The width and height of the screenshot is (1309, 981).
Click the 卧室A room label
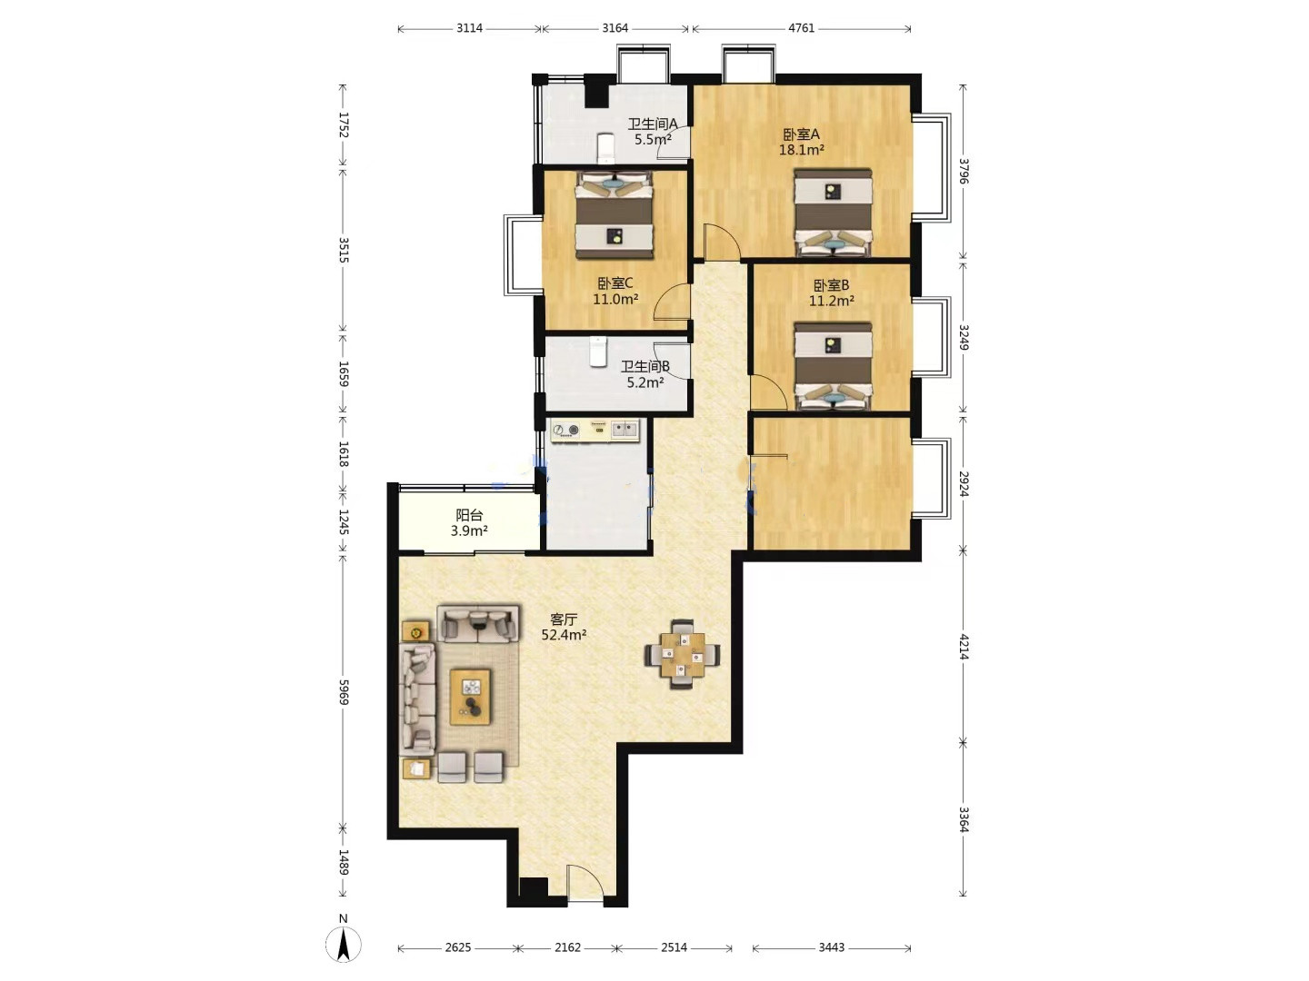click(x=801, y=134)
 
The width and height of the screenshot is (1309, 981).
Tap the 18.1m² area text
click(x=801, y=150)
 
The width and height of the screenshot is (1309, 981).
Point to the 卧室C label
click(x=615, y=282)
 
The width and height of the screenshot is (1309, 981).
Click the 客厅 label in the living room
click(x=564, y=619)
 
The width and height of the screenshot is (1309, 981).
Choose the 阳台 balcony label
click(x=469, y=515)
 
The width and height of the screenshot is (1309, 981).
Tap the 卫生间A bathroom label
click(x=653, y=124)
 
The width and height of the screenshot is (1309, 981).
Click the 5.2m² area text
click(x=645, y=382)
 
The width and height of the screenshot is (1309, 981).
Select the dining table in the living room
click(x=683, y=655)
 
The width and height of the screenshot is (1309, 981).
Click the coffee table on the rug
click(x=471, y=697)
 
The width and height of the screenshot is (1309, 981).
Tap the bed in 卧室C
click(x=615, y=215)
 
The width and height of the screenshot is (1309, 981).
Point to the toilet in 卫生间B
click(x=597, y=352)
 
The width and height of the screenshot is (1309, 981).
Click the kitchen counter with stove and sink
click(x=595, y=431)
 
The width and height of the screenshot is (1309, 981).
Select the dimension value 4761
click(x=802, y=28)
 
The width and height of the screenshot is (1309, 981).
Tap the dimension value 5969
click(x=343, y=691)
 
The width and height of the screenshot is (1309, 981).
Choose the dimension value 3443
click(x=832, y=947)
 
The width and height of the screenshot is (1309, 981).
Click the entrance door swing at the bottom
click(x=585, y=883)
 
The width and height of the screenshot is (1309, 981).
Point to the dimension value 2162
click(x=567, y=947)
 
